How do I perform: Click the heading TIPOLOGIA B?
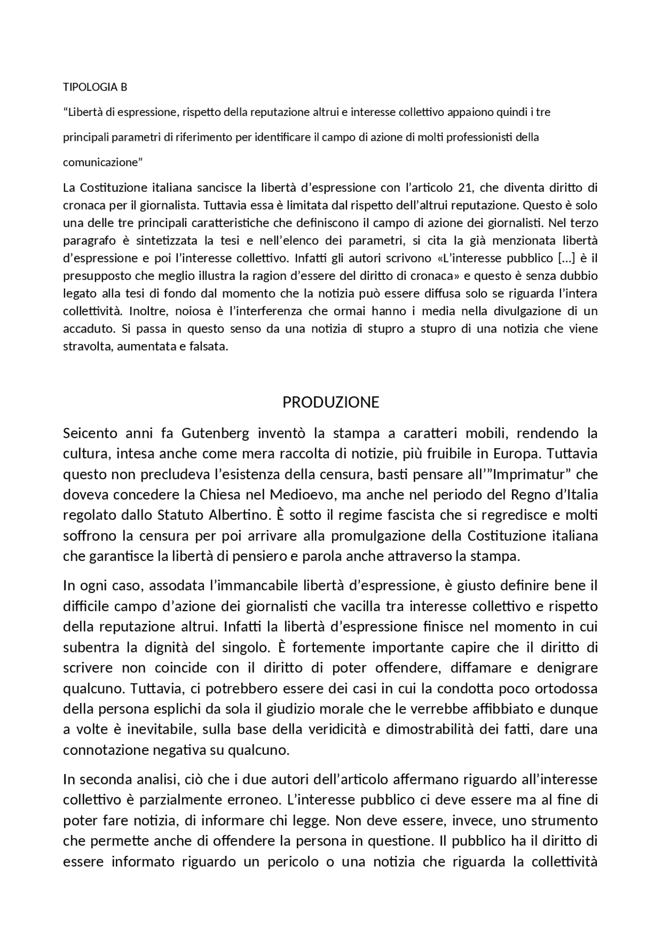[x=95, y=87]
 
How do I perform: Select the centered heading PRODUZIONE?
[x=330, y=402]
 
